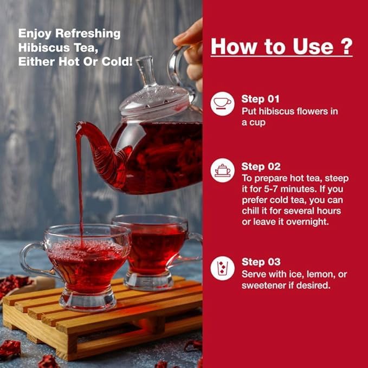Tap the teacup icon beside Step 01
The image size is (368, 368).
[222, 104]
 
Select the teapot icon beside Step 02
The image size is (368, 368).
[222, 170]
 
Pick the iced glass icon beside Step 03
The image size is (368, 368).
[222, 268]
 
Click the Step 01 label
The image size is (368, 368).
[260, 99]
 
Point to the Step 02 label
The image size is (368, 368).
[261, 166]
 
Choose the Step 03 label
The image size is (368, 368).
[261, 262]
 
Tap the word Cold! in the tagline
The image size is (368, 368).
[117, 62]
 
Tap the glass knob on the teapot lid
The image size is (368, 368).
[146, 70]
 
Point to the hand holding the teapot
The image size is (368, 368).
[191, 54]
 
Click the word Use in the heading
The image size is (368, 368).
[313, 46]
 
